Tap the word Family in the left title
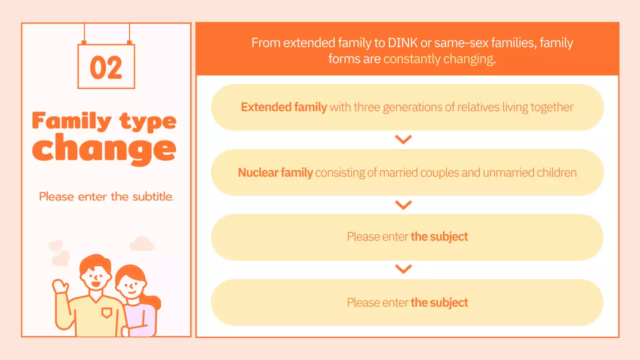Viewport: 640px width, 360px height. click(x=71, y=121)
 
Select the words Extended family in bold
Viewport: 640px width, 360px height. click(x=284, y=107)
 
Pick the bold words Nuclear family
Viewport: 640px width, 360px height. click(x=275, y=173)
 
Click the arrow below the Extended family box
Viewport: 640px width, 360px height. click(x=403, y=139)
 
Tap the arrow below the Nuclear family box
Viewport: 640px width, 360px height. click(x=403, y=204)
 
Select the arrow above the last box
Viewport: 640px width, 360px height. click(x=403, y=269)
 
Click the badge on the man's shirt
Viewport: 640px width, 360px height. click(x=106, y=313)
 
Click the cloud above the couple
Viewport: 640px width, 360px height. click(x=141, y=243)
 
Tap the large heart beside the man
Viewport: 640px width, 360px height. click(x=61, y=258)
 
